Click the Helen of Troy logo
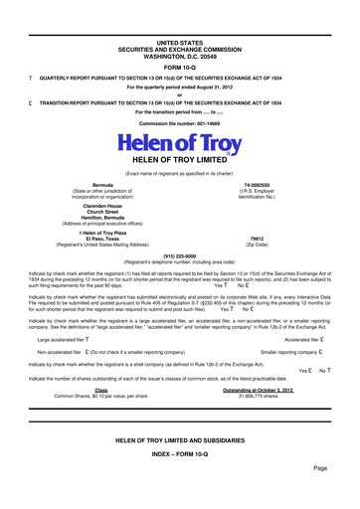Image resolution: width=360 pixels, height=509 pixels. click(x=179, y=151)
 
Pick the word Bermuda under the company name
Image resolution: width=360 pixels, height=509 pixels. click(x=101, y=185)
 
